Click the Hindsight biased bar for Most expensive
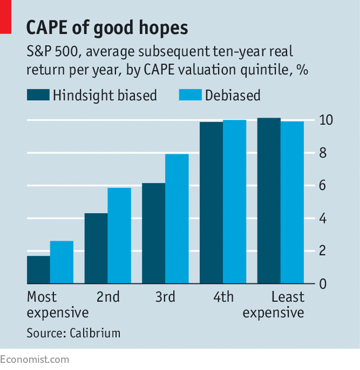click(38, 269)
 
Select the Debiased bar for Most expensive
click(62, 262)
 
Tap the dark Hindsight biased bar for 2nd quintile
click(96, 249)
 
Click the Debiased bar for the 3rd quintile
click(176, 219)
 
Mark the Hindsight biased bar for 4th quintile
click(211, 203)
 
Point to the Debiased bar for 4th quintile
click(234, 202)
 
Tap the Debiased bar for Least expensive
click(292, 202)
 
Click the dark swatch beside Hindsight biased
click(38, 95)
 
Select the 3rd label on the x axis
click(165, 297)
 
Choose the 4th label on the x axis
click(223, 297)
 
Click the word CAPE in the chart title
click(52, 28)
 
